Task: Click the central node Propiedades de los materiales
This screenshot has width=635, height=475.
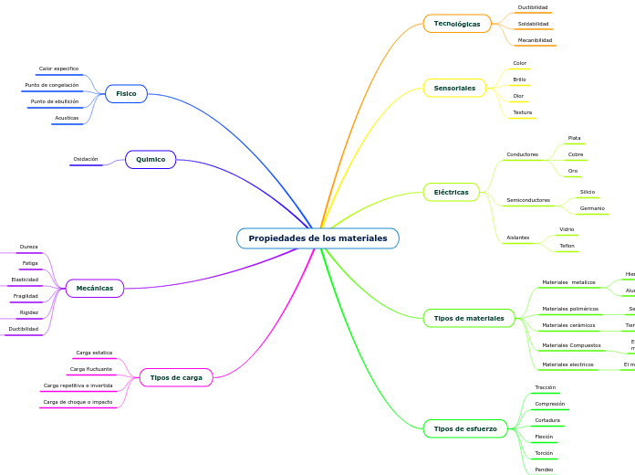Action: (x=317, y=238)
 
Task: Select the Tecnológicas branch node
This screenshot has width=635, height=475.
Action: (x=457, y=24)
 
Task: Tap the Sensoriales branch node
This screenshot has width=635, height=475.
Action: (x=454, y=89)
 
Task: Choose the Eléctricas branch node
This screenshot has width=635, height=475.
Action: (x=451, y=193)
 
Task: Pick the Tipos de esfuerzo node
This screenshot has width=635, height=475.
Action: (x=465, y=428)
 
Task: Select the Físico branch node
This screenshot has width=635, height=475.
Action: (x=126, y=93)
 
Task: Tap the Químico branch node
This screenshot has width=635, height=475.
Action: (x=151, y=159)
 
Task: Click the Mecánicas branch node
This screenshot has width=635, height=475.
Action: (x=95, y=288)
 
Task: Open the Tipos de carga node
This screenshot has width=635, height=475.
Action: (x=176, y=377)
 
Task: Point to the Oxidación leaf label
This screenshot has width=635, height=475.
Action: (x=86, y=159)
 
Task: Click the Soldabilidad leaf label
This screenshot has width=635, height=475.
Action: (x=533, y=24)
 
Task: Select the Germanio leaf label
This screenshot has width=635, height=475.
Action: (x=592, y=208)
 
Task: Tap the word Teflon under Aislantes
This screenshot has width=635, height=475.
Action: (x=567, y=246)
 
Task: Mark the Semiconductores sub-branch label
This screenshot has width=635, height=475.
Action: (x=528, y=199)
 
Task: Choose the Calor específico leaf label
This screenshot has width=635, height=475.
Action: (x=58, y=69)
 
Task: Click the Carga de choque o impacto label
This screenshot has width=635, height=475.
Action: (x=78, y=402)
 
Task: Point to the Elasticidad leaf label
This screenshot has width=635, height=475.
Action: (x=25, y=280)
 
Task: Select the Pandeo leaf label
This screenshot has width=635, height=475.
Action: (x=544, y=470)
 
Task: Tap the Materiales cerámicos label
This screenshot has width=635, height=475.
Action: (x=568, y=325)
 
